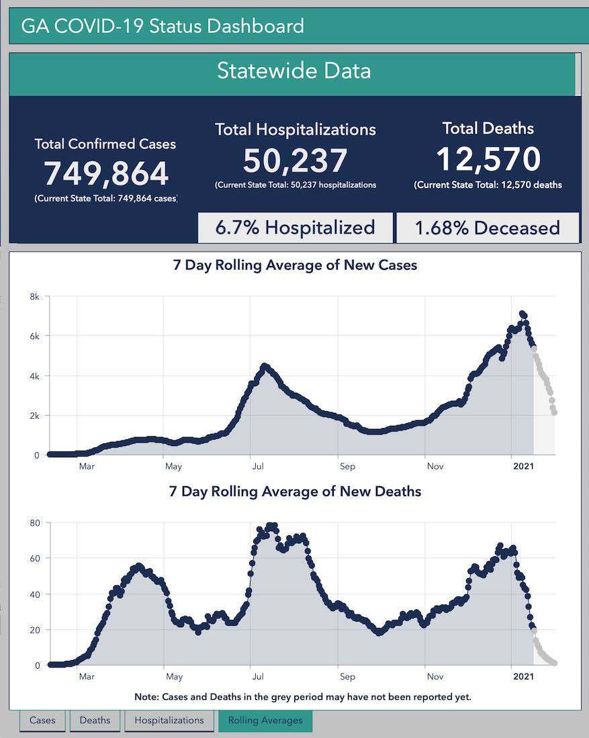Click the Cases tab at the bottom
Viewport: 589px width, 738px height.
42,721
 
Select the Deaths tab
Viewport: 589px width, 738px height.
95,721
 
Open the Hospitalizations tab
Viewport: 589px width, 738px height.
169,721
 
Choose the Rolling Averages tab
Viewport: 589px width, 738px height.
265,721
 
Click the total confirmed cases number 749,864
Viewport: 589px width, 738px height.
106,174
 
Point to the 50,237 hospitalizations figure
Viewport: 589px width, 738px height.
295,160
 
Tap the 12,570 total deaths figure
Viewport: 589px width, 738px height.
488,159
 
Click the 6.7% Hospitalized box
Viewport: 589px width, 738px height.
295,228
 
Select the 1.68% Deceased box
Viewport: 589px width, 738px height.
488,228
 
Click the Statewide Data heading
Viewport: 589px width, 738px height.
293,71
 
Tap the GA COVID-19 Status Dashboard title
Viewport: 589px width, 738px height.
163,27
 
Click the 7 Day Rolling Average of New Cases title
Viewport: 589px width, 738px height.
295,265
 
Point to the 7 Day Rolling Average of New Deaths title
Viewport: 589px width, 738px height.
295,492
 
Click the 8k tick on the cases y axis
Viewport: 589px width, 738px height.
34,296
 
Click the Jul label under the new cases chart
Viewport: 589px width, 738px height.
257,466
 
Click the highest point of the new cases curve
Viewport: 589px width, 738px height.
522,314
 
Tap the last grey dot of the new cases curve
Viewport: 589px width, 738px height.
555,412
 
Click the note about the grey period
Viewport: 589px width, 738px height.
302,696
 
